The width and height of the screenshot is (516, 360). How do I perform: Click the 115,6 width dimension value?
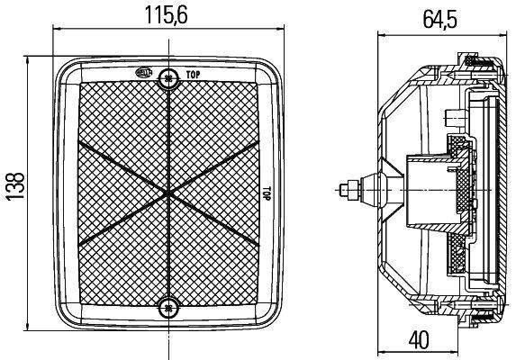click(167, 15)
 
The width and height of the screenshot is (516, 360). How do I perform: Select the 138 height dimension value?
click(15, 185)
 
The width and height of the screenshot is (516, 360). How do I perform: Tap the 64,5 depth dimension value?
click(440, 20)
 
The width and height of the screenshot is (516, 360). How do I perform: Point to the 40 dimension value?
click(419, 339)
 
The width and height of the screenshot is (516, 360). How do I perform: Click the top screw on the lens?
click(168, 78)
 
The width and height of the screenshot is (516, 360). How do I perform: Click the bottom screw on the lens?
click(168, 308)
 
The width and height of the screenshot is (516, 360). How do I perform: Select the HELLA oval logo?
click(144, 72)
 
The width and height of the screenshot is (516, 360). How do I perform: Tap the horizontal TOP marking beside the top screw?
click(193, 75)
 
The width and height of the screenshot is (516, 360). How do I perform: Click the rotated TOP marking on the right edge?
click(267, 193)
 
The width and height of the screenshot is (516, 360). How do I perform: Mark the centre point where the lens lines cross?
click(168, 193)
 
